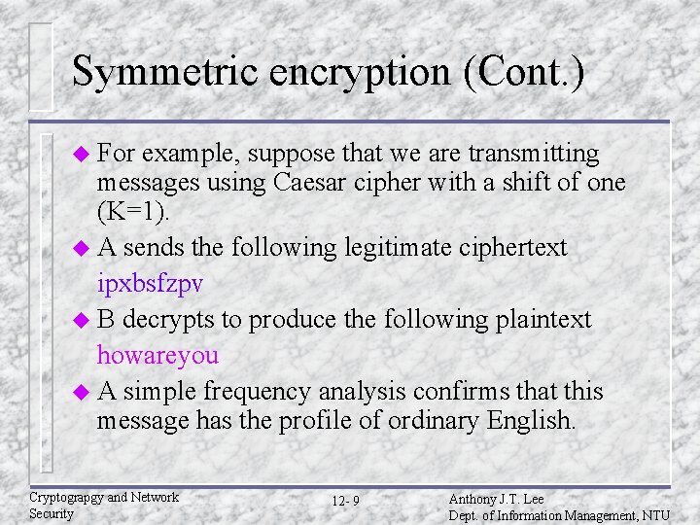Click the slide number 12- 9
(345, 501)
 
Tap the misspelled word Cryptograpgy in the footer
(66, 497)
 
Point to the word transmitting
(534, 154)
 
